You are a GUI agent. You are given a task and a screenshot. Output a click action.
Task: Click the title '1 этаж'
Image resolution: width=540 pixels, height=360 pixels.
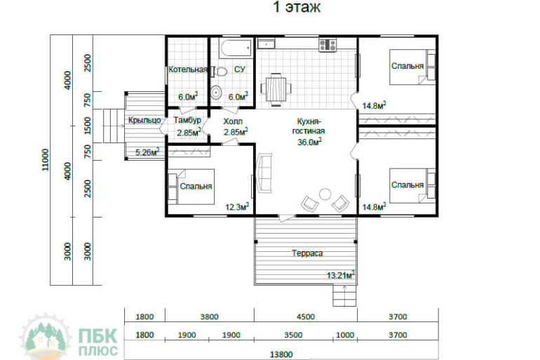[297, 7]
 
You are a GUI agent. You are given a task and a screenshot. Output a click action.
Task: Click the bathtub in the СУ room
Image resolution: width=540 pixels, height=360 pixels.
[236, 48]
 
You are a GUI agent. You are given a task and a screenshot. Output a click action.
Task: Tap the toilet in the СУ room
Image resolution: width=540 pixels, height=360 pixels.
[220, 72]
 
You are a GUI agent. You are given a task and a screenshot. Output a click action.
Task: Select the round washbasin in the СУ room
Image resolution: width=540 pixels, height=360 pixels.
[216, 93]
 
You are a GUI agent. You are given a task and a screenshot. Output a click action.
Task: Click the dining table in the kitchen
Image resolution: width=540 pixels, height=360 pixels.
[276, 88]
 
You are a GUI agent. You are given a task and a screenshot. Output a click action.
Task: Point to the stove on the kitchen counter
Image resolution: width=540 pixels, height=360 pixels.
[328, 45]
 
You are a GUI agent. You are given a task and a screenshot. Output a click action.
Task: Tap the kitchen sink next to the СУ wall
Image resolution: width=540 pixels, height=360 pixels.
[266, 44]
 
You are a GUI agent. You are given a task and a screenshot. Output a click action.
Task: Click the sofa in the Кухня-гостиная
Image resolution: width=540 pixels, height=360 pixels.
[264, 173]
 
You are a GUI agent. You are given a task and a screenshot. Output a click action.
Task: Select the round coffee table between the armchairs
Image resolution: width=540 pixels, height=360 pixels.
[325, 194]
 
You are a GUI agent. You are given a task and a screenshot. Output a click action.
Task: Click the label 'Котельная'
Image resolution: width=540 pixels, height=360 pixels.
[188, 69]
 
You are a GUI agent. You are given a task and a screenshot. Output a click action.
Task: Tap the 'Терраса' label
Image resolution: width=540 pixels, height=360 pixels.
[307, 253]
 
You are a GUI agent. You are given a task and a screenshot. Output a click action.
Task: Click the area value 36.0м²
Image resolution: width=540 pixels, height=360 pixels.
[309, 142]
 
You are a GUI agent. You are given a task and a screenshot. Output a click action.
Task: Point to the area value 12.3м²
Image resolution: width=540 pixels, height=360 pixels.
[237, 207]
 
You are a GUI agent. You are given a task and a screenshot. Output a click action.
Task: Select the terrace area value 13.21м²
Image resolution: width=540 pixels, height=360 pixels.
[341, 275]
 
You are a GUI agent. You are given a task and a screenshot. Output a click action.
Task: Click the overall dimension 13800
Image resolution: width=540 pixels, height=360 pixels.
[281, 354]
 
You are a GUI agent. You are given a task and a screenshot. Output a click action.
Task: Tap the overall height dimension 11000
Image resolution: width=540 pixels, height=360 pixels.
[45, 159]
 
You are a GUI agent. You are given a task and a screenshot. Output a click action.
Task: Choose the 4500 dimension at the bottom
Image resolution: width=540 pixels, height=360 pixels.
[306, 316]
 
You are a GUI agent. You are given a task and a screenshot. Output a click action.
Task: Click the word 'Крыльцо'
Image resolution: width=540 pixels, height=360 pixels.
[144, 120]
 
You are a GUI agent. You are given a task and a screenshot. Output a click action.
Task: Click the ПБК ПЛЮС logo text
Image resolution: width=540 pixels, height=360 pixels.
[98, 342]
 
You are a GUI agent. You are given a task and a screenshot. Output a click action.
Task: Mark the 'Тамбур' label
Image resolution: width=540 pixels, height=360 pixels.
[187, 120]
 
